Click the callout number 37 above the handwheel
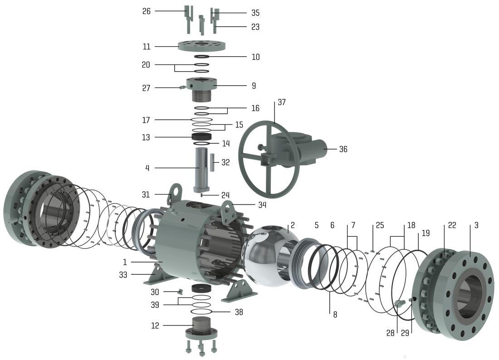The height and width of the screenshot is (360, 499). tap(282, 102)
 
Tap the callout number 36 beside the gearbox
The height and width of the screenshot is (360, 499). tap(343, 149)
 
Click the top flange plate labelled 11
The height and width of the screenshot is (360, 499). tap(201, 46)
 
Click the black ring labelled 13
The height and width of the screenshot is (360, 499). tap(201, 136)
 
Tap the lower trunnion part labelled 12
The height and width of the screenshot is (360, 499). tap(201, 326)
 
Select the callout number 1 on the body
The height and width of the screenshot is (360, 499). tap(125, 262)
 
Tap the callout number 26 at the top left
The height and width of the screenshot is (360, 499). tap(147, 11)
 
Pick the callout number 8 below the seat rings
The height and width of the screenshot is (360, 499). tap(335, 314)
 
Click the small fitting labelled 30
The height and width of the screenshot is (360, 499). tap(179, 291)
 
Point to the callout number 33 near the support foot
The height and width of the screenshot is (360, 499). tap(123, 275)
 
